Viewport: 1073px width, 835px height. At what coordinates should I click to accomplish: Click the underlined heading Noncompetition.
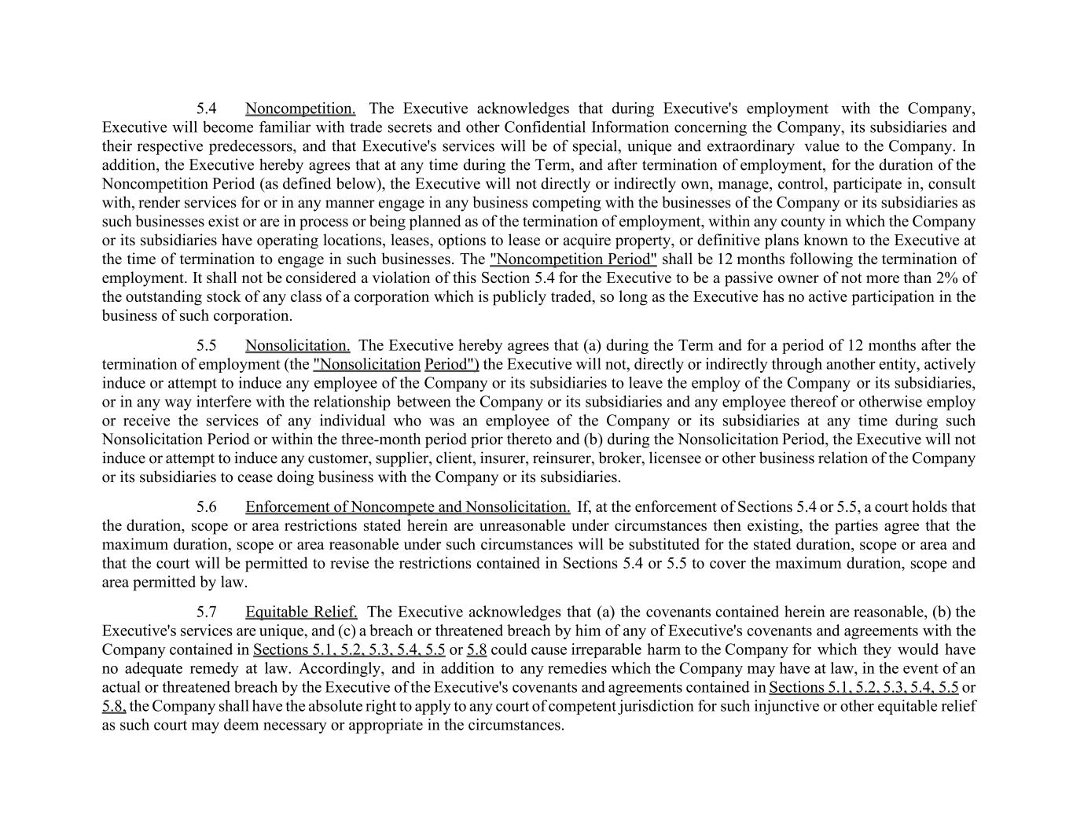pyautogui.click(x=299, y=109)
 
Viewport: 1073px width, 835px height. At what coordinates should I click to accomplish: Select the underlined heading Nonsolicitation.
pyautogui.click(x=297, y=345)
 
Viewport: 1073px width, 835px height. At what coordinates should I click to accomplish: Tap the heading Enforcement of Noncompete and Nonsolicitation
pyautogui.click(x=407, y=507)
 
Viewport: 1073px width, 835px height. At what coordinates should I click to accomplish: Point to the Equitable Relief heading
pyautogui.click(x=301, y=612)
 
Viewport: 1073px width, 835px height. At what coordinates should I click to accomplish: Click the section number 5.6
pyautogui.click(x=207, y=507)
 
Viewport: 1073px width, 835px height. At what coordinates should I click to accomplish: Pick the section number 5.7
pyautogui.click(x=207, y=612)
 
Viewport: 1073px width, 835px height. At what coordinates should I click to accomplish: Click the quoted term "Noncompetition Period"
pyautogui.click(x=572, y=259)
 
